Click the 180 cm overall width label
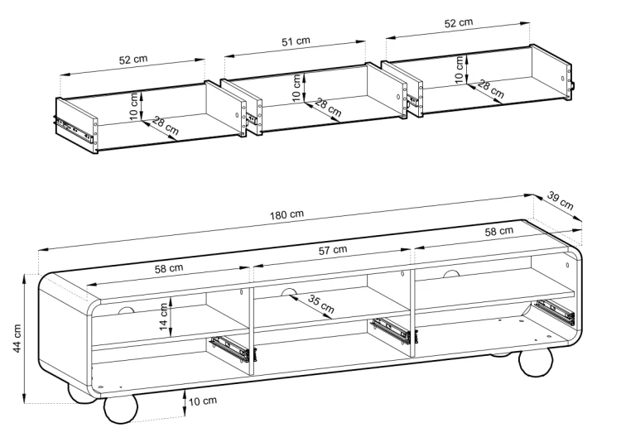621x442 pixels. pos(286,214)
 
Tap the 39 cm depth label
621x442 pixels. pos(561,200)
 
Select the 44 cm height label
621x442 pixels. pos(17,339)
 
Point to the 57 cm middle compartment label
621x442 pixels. pos(333,250)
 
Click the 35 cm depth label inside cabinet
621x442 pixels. pos(321,304)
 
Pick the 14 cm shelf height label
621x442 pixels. pos(164,317)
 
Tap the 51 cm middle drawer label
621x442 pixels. pos(296,41)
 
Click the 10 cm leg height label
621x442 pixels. pos(203,401)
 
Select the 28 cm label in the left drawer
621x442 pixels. pos(166,125)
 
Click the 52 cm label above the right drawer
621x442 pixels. pos(459,22)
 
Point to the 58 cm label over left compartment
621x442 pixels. pos(169,268)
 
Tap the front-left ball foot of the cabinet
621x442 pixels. pos(121,410)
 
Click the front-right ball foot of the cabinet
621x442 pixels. pos(536,362)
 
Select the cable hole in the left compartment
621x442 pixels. pos(127,310)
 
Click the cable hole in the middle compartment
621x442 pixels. pos(289,292)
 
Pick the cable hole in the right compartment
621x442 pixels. pos(450,273)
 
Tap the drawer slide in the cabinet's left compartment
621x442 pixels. pos(231,348)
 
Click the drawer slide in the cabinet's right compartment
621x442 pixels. pos(555,312)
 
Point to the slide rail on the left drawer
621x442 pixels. pos(74,129)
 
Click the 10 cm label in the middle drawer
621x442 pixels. pos(296,88)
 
